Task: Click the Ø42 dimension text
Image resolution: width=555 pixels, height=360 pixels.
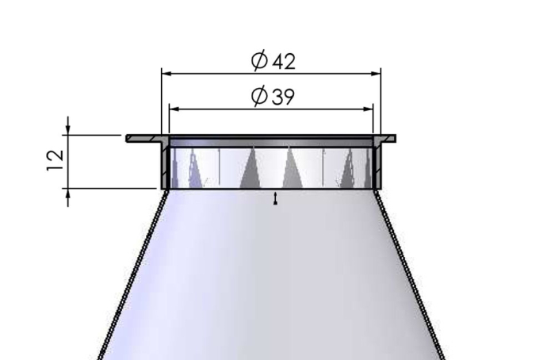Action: [x=273, y=61]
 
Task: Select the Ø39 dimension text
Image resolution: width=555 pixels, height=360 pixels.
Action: [x=273, y=97]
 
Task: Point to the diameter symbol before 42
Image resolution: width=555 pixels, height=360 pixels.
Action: [x=258, y=61]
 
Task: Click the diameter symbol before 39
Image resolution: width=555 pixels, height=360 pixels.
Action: [x=258, y=97]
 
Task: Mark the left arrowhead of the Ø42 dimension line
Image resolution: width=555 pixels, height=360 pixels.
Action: [x=166, y=74]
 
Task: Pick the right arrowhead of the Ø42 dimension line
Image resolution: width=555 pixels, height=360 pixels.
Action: [x=377, y=74]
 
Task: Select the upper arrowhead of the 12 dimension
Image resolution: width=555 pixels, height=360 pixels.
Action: [x=68, y=130]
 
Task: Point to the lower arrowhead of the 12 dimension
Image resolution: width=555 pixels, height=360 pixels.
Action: [x=68, y=193]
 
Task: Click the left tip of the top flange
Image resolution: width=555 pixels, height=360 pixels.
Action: [x=128, y=138]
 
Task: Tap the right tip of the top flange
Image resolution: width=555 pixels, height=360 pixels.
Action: [x=394, y=138]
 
